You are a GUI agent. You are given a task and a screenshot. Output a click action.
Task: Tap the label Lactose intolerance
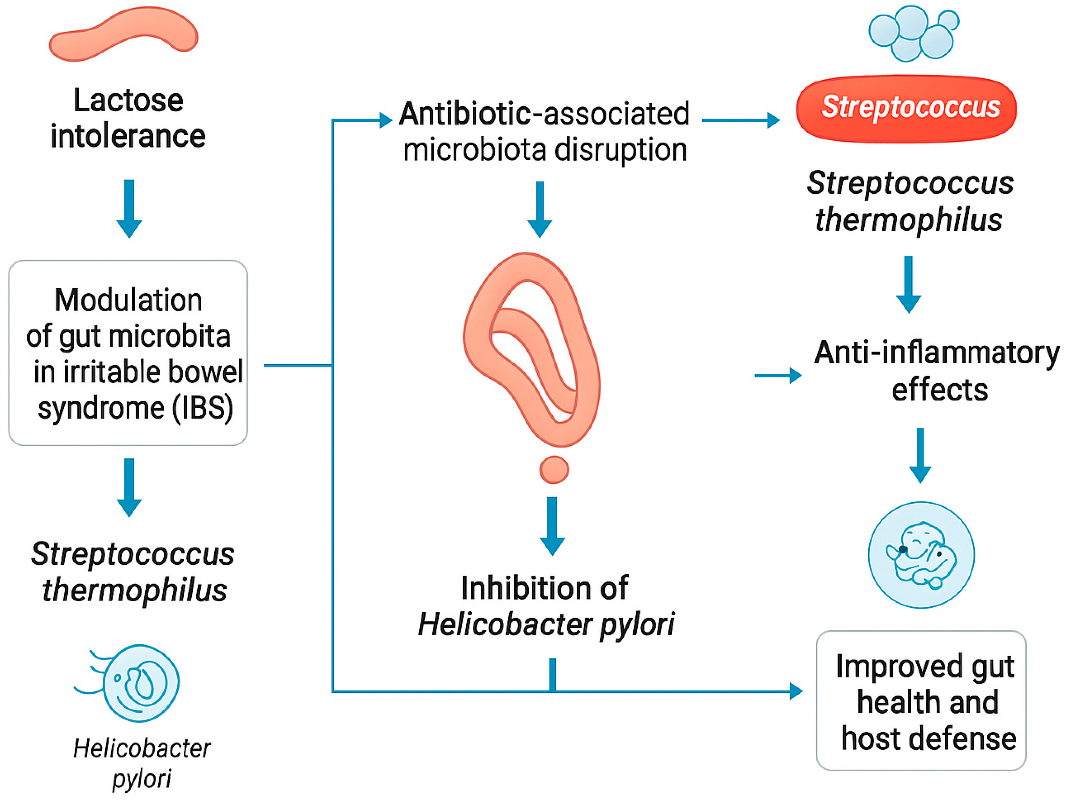(x=128, y=118)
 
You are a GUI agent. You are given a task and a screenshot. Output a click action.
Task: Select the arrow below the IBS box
(x=129, y=487)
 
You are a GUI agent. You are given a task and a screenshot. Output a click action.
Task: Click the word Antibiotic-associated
(x=544, y=114)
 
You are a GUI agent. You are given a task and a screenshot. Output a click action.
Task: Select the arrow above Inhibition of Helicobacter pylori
(x=552, y=525)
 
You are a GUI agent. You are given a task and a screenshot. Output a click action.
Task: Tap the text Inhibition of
(x=544, y=588)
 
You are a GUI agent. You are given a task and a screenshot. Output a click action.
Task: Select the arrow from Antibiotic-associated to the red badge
(x=741, y=120)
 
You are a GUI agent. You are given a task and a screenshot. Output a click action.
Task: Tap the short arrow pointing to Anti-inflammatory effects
(x=777, y=375)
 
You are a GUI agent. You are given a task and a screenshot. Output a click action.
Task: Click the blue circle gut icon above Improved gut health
(x=921, y=555)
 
